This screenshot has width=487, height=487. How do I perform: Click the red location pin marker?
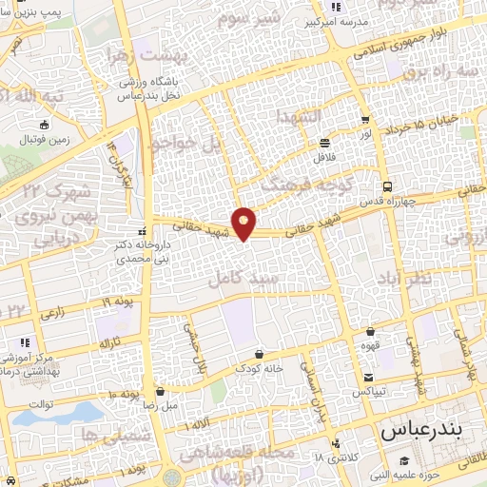[244, 223]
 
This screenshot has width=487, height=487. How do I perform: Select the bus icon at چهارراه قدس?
[386, 186]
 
